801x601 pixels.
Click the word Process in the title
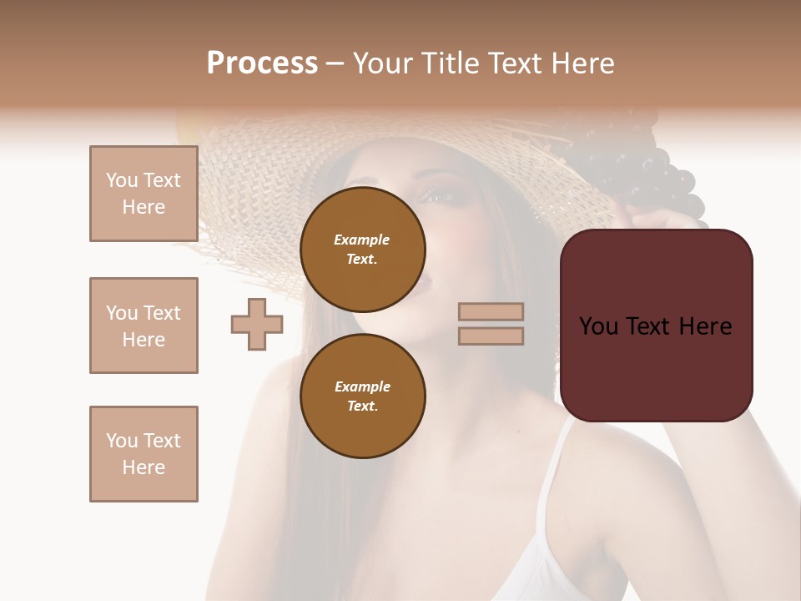coord(262,63)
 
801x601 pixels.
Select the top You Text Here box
coord(144,194)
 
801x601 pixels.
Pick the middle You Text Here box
coord(144,326)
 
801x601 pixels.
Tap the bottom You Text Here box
coord(144,454)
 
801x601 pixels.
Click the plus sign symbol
coord(257,324)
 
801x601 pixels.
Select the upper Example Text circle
coord(363,250)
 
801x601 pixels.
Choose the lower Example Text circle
coord(363,396)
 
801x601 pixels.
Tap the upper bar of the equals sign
coord(491,311)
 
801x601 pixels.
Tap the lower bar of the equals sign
coord(491,336)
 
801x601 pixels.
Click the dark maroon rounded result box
coord(656,367)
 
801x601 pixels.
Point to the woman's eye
coord(442,198)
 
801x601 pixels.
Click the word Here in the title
coord(581,63)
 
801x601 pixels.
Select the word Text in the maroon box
coord(655,326)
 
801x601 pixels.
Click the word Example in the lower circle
coord(363,386)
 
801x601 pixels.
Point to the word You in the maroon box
coord(598,326)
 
